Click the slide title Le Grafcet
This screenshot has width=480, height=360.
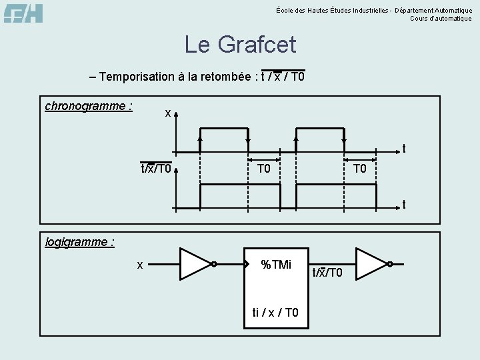click(240, 45)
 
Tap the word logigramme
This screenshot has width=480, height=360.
click(79, 241)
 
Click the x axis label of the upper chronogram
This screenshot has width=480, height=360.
click(168, 113)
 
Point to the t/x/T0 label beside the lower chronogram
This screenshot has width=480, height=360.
click(155, 168)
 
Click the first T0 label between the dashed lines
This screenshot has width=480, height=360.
click(264, 168)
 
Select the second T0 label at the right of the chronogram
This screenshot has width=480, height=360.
click(360, 168)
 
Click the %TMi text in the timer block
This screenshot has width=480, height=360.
click(275, 265)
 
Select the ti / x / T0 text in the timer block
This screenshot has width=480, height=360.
click(275, 313)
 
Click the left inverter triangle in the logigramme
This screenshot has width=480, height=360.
click(195, 264)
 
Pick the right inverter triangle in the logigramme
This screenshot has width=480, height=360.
click(371, 264)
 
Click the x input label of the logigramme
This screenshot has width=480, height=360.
click(140, 265)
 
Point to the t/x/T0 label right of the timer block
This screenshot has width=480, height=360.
click(327, 272)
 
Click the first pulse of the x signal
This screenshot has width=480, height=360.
click(223, 129)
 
